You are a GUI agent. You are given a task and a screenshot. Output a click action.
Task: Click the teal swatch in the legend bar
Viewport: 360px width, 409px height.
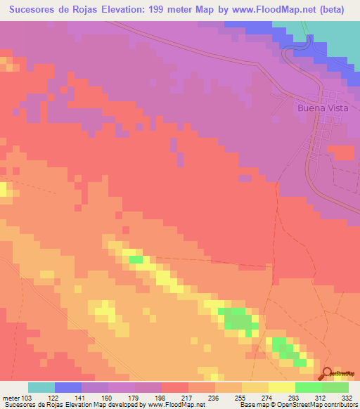pyautogui.click(x=41, y=387)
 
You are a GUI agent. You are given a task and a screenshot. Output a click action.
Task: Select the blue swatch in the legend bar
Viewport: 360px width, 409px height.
pyautogui.click(x=68, y=387)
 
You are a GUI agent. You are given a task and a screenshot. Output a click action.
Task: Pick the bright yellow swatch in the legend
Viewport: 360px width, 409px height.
pyautogui.click(x=282, y=387)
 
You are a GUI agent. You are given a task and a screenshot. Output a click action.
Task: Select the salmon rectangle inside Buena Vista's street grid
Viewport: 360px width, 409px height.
pyautogui.click(x=341, y=152)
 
